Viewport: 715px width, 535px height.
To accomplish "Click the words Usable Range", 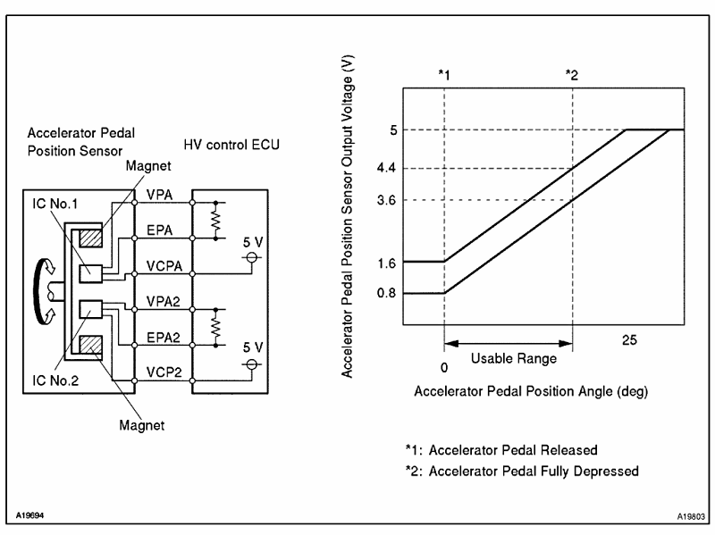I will (x=512, y=358).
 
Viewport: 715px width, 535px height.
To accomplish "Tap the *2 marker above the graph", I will (x=572, y=75).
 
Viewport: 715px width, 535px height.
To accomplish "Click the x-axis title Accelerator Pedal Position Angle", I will (x=531, y=391).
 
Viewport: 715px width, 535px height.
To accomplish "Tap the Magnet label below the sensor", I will (x=141, y=424).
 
